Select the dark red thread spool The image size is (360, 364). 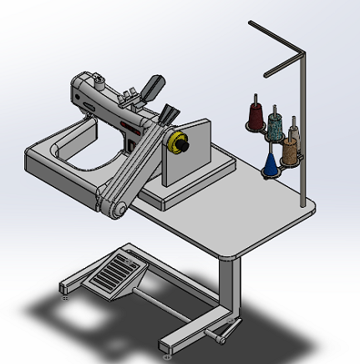(x=255, y=114)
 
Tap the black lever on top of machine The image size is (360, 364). (x=154, y=86)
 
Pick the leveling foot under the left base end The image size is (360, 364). (x=65, y=291)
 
